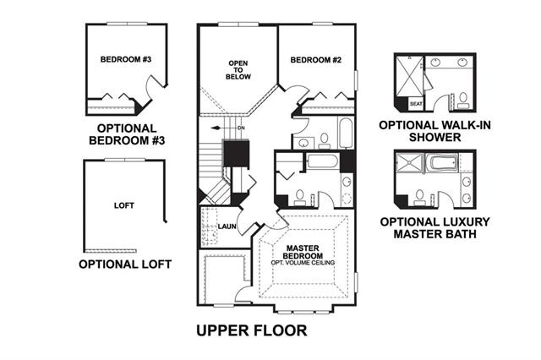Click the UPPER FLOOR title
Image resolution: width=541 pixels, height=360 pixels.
tap(252, 330)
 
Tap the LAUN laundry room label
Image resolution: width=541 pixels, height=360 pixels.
tap(227, 226)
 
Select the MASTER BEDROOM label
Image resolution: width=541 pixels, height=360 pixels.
tap(303, 252)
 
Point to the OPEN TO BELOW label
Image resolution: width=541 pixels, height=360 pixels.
tap(238, 70)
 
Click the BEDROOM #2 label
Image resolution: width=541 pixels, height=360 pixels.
tap(315, 60)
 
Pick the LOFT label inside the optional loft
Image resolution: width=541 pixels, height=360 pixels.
tap(124, 205)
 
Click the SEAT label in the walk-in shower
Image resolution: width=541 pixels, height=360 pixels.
tap(416, 103)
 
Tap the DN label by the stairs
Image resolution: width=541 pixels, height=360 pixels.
tap(241, 128)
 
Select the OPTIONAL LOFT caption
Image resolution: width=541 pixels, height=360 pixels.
tap(125, 265)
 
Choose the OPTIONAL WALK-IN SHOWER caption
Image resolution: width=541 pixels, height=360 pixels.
tap(434, 131)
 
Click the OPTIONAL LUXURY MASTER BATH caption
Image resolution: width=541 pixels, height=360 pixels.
tap(434, 228)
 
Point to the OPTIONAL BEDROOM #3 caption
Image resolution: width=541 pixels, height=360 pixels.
tap(127, 134)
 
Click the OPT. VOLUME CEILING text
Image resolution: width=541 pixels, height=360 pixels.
tap(303, 263)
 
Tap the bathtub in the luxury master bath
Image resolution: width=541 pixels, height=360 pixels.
tap(442, 162)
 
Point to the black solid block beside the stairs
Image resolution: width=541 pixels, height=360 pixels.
tap(236, 154)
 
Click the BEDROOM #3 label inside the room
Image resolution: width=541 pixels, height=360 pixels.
tap(126, 59)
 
